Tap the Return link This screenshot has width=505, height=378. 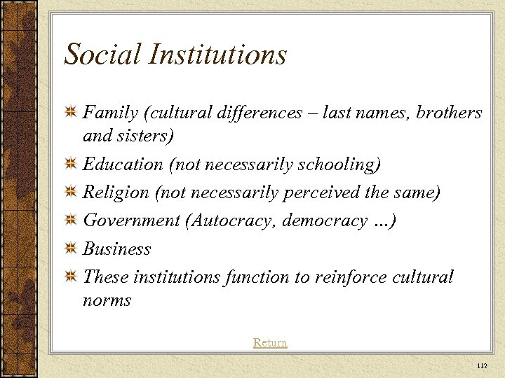(x=270, y=342)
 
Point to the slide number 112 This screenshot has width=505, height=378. (x=481, y=366)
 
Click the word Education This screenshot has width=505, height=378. (x=123, y=164)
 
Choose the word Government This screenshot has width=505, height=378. (x=131, y=220)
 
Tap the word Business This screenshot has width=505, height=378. (x=117, y=248)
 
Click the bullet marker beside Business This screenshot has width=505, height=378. (x=70, y=249)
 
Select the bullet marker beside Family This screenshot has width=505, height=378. (x=70, y=113)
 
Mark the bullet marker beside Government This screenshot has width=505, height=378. (x=70, y=221)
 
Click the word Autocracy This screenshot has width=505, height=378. (x=233, y=220)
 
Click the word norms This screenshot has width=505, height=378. (x=107, y=300)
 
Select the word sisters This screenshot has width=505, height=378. (x=145, y=135)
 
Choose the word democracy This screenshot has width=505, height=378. (x=324, y=220)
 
